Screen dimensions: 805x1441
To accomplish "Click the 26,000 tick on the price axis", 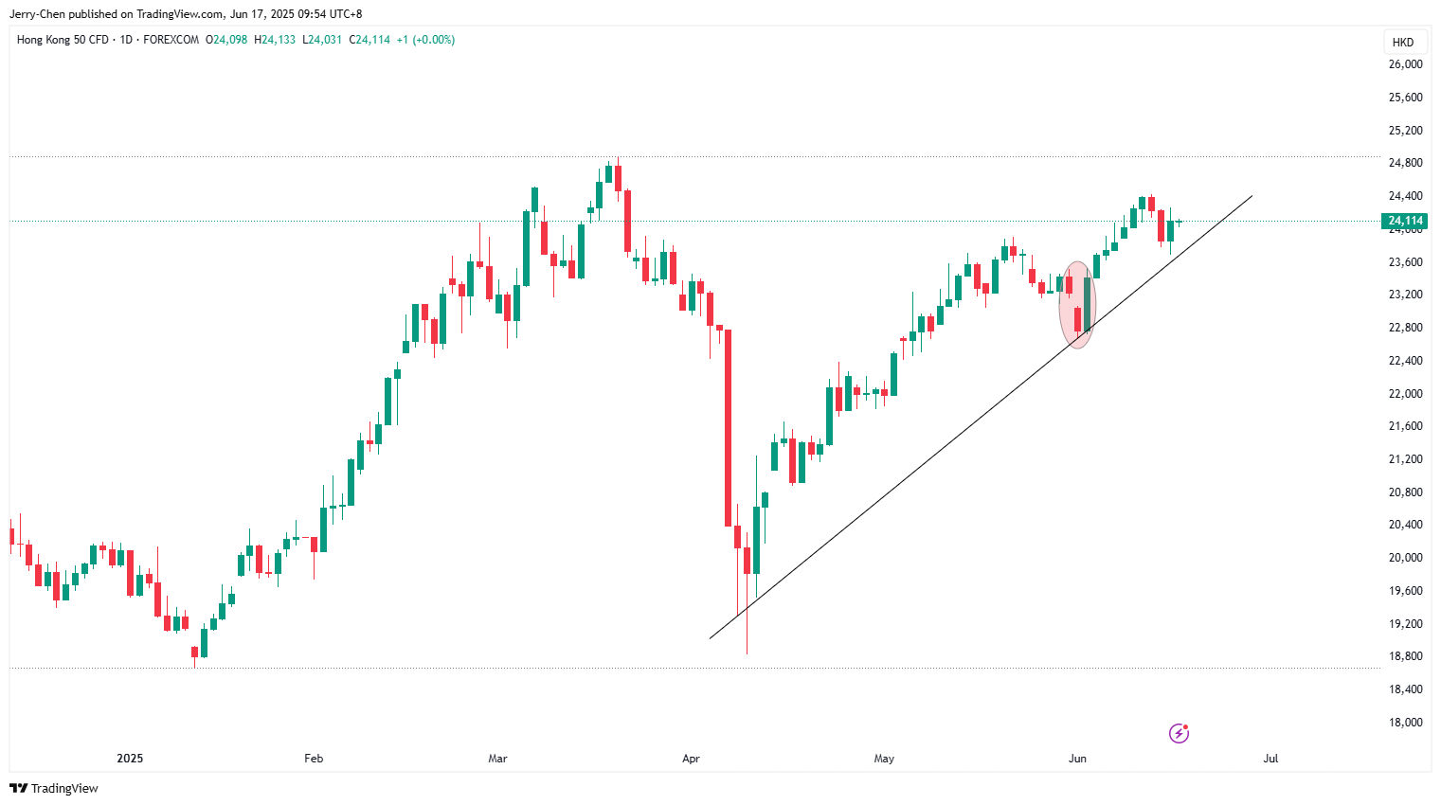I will tap(1405, 64).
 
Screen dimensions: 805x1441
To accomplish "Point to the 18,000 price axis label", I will tap(1405, 723).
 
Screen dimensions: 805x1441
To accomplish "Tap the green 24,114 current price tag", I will tap(1406, 221).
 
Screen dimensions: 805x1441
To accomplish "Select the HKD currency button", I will tap(1403, 42).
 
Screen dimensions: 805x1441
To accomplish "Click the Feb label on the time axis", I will tap(314, 759).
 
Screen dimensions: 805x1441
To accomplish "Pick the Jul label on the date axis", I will tap(1270, 759).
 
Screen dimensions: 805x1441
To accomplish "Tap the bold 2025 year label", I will tap(130, 759).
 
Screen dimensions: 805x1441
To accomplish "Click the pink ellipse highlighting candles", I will tap(1077, 304).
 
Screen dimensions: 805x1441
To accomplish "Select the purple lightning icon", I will tap(1179, 733).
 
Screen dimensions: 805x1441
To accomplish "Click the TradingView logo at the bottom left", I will tap(54, 788).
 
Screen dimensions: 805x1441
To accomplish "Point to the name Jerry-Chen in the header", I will tap(37, 14).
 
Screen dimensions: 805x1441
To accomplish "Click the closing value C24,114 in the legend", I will tap(369, 40).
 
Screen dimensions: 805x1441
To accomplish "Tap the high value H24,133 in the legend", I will tap(275, 40).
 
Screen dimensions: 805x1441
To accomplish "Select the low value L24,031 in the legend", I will tap(322, 40).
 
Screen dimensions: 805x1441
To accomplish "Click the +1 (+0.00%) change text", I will tap(425, 40).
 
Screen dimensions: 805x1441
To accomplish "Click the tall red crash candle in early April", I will tap(728, 426).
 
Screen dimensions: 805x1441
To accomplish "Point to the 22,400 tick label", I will tap(1405, 361).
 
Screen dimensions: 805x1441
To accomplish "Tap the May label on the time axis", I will tap(884, 759).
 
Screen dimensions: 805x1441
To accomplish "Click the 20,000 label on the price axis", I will tap(1405, 558).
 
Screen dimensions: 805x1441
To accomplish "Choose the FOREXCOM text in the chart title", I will tap(171, 40).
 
